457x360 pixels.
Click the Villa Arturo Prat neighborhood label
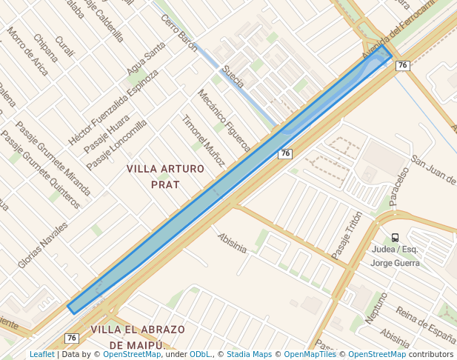point(165,176)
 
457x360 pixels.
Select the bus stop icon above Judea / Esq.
point(395,238)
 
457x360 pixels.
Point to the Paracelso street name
point(399,186)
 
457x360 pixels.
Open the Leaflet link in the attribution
point(41,355)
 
